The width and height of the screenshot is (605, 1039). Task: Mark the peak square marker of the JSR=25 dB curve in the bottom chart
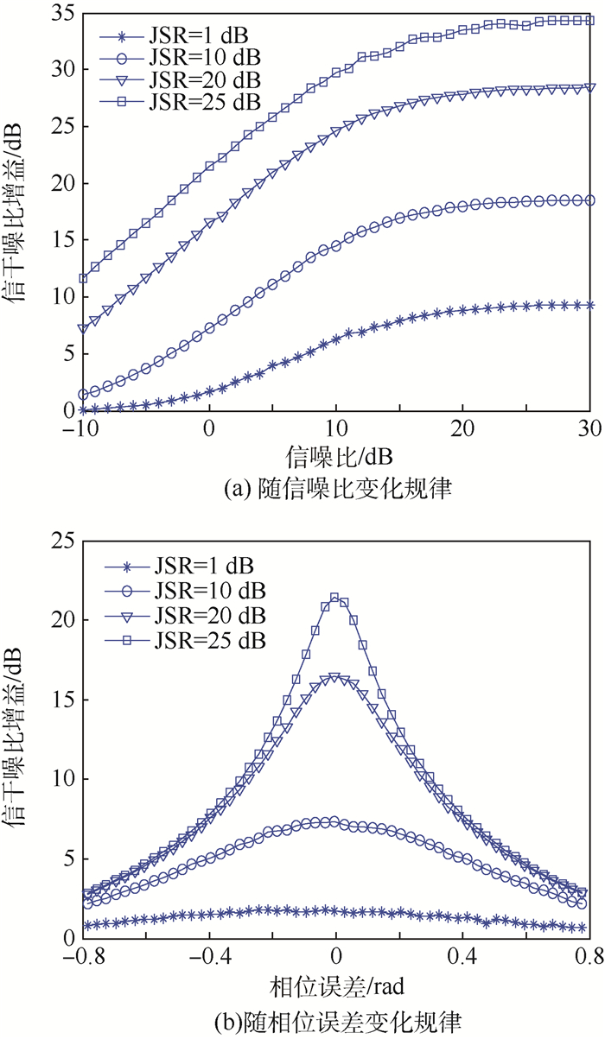point(334,598)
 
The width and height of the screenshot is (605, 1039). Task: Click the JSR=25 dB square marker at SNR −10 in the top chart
point(83,278)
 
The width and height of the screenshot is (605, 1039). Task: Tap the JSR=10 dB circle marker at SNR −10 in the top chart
point(83,394)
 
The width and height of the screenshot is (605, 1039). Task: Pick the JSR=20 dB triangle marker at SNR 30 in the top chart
point(590,87)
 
